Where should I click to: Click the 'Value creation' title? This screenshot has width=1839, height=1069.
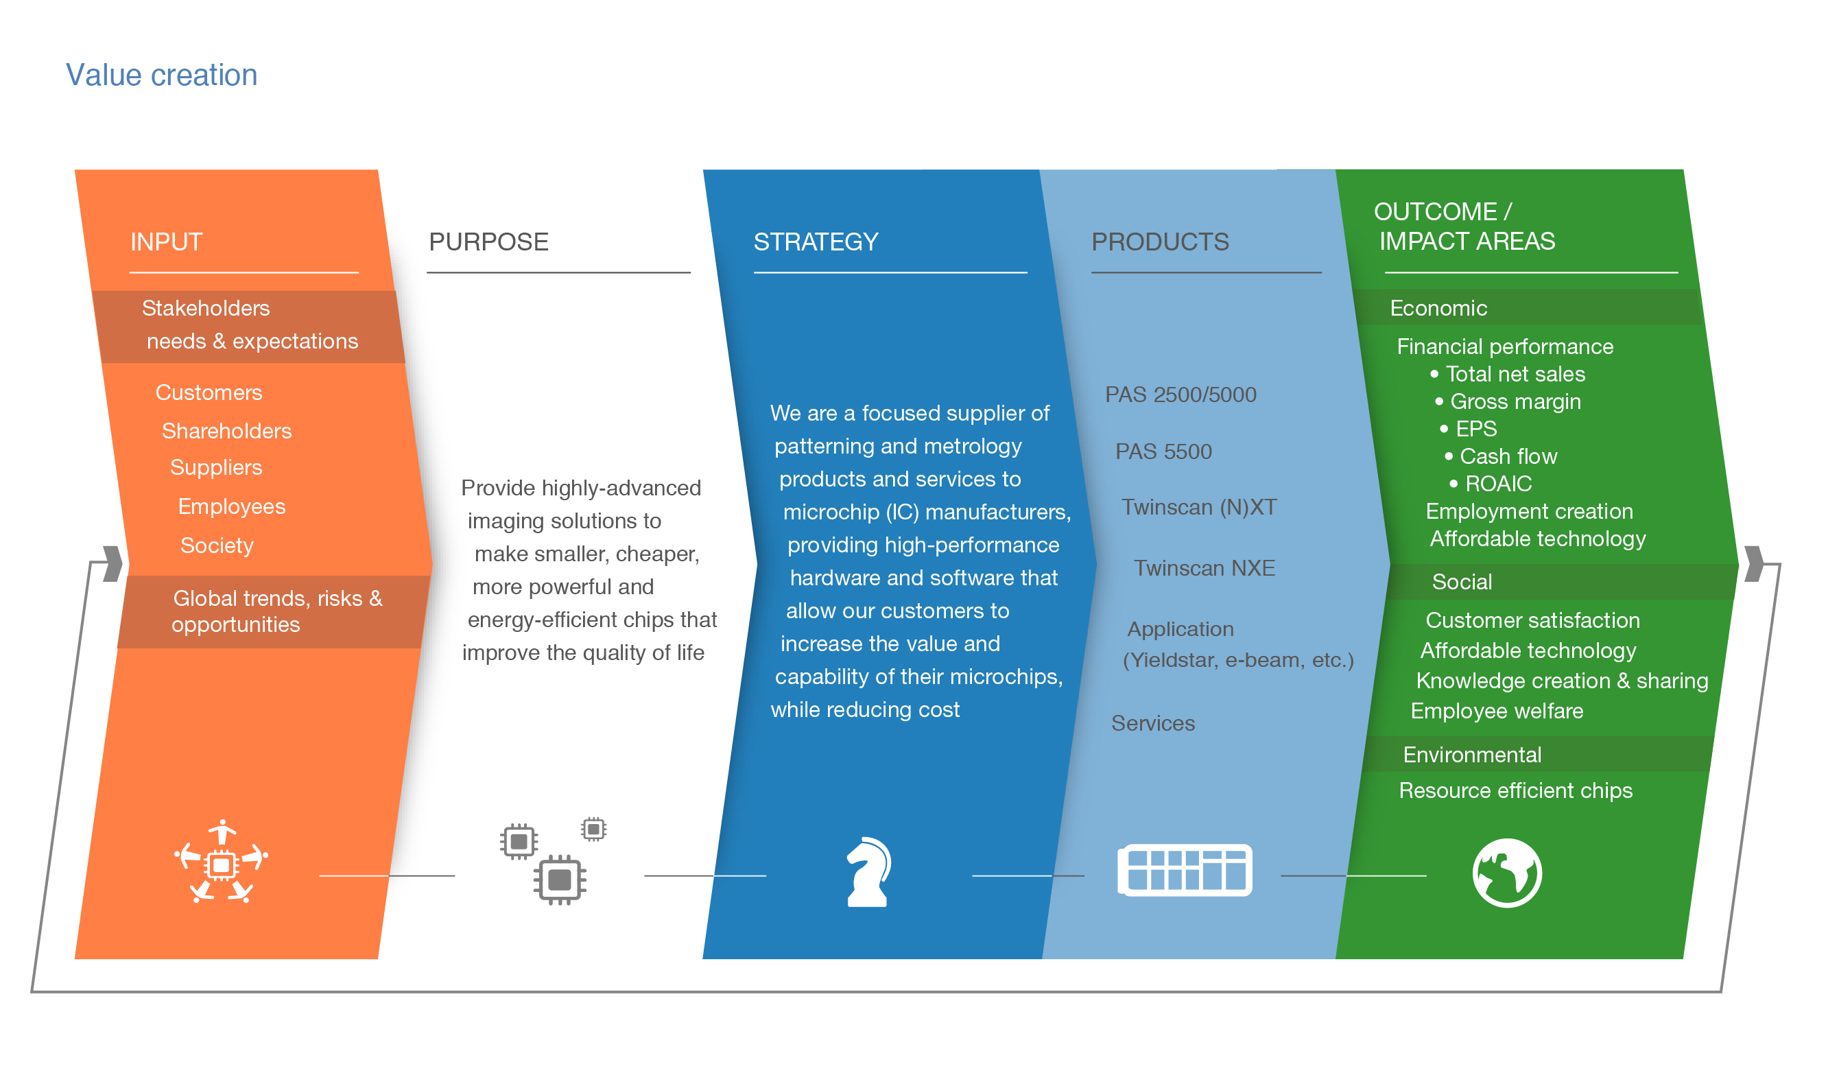point(161,75)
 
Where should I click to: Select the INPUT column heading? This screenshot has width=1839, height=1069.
point(167,242)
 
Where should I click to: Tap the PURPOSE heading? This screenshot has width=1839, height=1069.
point(488,242)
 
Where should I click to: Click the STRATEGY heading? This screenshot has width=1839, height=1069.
point(815,242)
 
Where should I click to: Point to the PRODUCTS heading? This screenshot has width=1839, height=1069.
point(1160,242)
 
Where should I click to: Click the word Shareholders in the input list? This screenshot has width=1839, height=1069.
point(226,431)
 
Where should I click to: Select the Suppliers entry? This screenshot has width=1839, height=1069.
point(216,467)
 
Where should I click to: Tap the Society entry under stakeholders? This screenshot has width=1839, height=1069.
point(217,545)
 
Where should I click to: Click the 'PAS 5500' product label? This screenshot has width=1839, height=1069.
point(1163,451)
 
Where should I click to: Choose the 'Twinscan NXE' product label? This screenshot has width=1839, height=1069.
point(1204,568)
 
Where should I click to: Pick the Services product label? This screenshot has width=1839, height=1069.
point(1153,723)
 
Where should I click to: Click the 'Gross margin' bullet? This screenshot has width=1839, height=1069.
point(1515,401)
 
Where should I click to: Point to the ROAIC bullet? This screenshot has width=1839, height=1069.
point(1498,484)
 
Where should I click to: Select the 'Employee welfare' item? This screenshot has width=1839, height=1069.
point(1497,710)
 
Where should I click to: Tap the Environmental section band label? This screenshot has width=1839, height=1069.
point(1472,754)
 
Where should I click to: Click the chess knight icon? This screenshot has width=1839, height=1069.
point(868,872)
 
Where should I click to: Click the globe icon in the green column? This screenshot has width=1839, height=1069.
point(1507,873)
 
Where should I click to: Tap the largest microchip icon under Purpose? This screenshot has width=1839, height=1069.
point(560,879)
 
